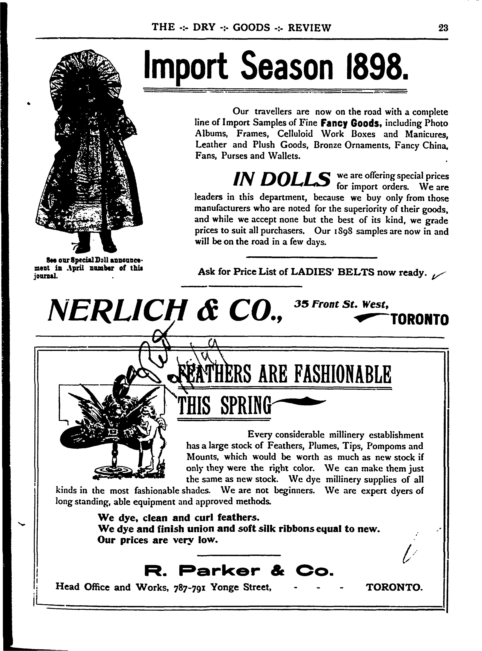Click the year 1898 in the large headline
[x=376, y=67]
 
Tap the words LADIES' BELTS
[x=333, y=272]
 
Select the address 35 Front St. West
[x=341, y=305]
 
